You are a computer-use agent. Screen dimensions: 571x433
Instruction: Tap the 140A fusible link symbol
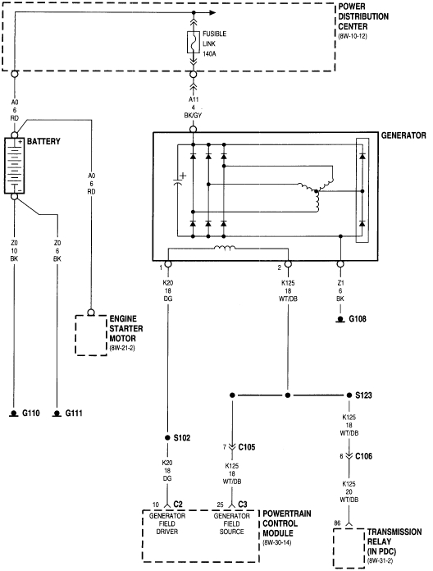click(x=193, y=43)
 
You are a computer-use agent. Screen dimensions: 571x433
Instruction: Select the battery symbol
click(x=16, y=167)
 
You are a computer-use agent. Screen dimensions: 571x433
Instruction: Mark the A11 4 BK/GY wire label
click(x=194, y=106)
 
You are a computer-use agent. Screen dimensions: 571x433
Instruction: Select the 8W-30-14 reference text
click(x=280, y=544)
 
